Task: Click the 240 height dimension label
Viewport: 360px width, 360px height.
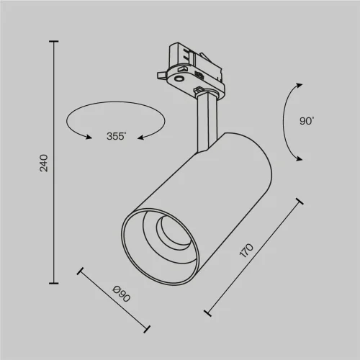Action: (x=43, y=163)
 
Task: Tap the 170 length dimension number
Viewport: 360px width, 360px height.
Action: (x=246, y=251)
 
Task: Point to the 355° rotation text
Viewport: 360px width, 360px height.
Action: (x=116, y=136)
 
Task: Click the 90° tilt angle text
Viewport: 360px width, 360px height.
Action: (x=307, y=121)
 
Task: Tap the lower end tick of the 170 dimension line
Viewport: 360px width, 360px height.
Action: (x=208, y=312)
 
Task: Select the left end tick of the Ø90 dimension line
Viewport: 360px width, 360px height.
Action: (x=80, y=271)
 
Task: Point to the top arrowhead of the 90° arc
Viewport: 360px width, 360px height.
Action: (x=297, y=84)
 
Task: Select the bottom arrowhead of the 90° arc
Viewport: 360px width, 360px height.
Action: (x=297, y=160)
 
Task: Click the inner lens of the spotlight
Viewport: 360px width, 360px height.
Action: (x=168, y=231)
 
